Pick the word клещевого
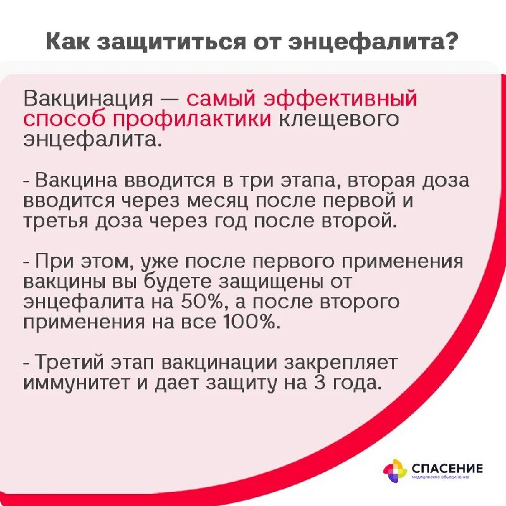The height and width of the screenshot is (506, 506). (338, 120)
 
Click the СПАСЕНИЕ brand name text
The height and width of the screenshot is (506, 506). (447, 469)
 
